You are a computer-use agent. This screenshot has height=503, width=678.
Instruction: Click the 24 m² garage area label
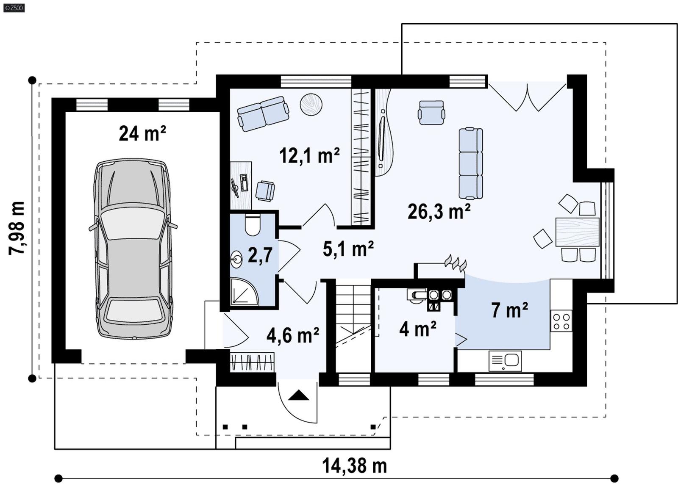(142, 133)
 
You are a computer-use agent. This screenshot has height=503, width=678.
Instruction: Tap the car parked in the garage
(133, 249)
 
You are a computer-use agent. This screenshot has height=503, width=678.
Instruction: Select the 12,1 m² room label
(309, 155)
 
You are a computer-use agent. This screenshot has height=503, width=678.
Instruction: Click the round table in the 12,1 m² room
(311, 104)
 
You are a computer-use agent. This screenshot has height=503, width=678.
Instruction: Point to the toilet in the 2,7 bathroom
(253, 225)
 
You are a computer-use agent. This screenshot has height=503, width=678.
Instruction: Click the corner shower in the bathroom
(245, 291)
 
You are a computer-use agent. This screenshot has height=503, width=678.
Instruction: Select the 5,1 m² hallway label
(348, 249)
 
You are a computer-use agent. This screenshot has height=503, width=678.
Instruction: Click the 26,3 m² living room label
(439, 211)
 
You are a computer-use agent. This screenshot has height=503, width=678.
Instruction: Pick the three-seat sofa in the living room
(471, 163)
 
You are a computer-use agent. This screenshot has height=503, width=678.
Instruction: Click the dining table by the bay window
(577, 232)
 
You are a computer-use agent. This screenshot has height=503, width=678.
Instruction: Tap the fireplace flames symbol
(456, 263)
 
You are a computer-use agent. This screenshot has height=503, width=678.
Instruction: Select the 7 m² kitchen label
(509, 310)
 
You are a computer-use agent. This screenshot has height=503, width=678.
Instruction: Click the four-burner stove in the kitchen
(561, 321)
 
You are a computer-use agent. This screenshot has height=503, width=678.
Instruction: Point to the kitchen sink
(505, 361)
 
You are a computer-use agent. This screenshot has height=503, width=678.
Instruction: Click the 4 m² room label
(417, 329)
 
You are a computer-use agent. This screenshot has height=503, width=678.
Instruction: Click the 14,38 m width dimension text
(354, 466)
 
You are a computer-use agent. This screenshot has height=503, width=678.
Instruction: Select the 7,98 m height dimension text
(17, 228)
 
